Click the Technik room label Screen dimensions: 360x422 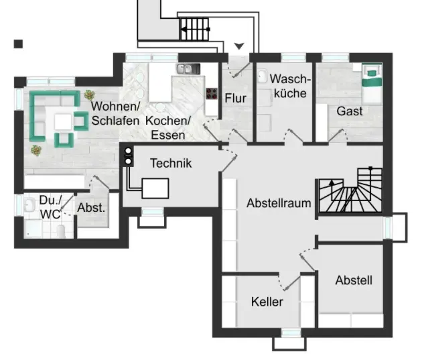(x=171, y=162)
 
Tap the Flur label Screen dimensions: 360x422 (x=235, y=99)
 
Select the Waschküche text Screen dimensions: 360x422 (x=290, y=86)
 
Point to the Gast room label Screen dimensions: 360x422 (x=350, y=111)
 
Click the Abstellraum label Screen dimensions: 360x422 (x=279, y=202)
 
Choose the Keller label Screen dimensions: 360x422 (x=267, y=302)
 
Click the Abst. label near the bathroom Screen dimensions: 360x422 (x=91, y=208)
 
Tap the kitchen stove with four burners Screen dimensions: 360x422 (x=212, y=94)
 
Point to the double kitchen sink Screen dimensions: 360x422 (x=186, y=68)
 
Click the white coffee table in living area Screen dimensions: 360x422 (x=62, y=121)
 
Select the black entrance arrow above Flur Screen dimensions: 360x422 (x=239, y=46)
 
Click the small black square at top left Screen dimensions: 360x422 (x=19, y=44)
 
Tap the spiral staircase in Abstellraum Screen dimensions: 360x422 (x=349, y=190)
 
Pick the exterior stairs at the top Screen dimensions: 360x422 (x=194, y=29)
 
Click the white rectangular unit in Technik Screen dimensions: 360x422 (x=155, y=188)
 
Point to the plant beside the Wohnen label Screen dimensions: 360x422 (x=89, y=95)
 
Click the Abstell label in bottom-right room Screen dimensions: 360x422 (x=354, y=280)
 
